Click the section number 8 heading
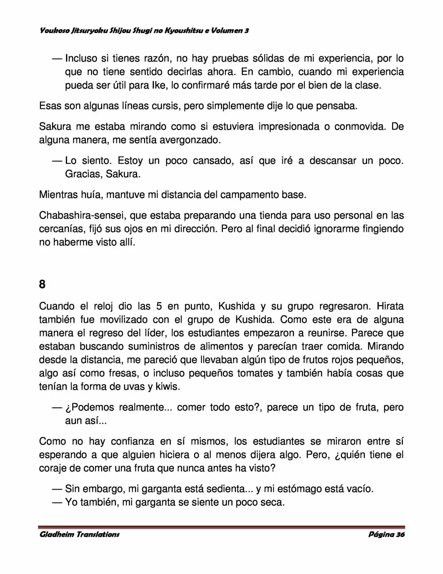click(x=42, y=284)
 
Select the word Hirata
click(x=390, y=306)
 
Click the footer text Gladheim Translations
click(x=80, y=534)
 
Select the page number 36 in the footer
click(x=400, y=534)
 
